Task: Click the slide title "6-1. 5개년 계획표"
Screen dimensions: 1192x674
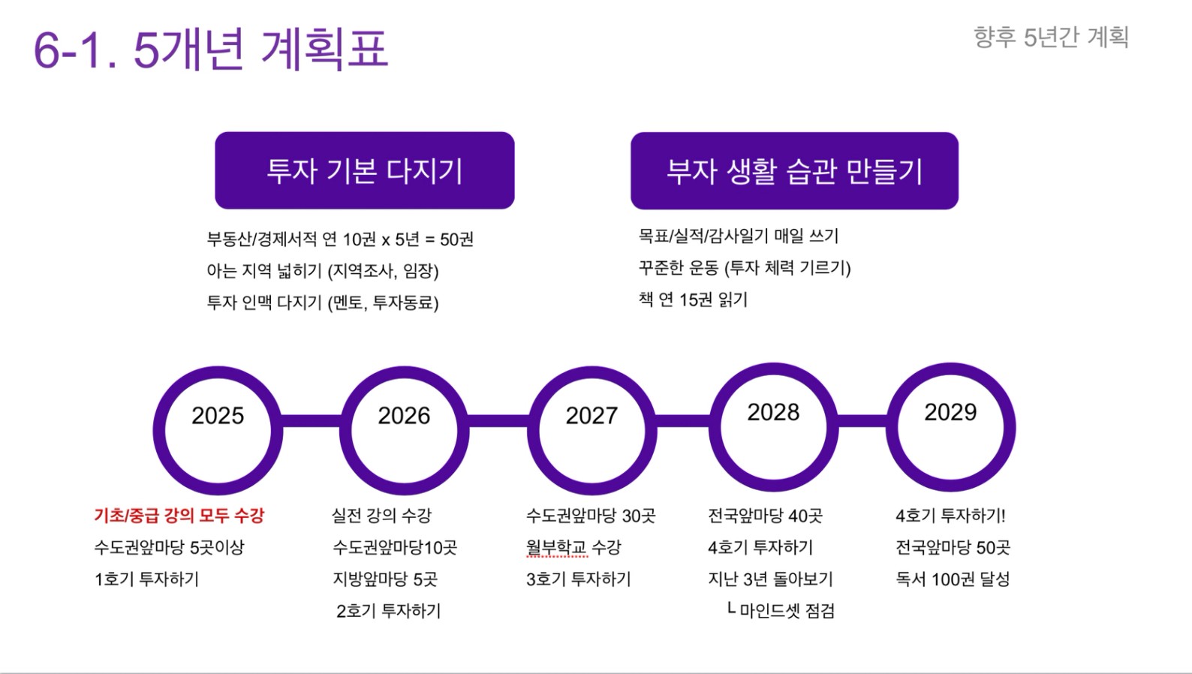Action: click(x=211, y=50)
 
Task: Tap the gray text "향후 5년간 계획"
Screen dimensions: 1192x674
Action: click(x=1051, y=38)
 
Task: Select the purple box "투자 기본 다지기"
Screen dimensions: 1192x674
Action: click(x=365, y=170)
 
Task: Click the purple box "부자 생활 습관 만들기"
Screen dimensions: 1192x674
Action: click(x=794, y=171)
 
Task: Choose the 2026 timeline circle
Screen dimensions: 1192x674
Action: click(x=346, y=431)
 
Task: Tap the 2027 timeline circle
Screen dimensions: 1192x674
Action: click(x=534, y=431)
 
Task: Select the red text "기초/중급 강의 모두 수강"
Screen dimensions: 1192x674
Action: click(x=179, y=515)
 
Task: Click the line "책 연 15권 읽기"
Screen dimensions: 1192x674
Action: click(x=693, y=299)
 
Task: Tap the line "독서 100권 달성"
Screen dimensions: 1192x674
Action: click(x=953, y=579)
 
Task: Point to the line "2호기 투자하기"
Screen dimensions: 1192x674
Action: click(x=389, y=611)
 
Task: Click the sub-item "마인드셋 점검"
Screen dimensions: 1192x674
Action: click(x=787, y=611)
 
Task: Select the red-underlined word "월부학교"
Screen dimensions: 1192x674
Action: click(x=556, y=547)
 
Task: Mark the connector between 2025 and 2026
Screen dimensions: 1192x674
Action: click(x=312, y=421)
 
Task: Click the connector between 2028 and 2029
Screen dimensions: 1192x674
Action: click(x=862, y=421)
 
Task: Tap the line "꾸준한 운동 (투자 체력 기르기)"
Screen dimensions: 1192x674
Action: click(x=745, y=268)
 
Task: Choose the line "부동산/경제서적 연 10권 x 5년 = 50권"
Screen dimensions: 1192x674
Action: click(x=340, y=239)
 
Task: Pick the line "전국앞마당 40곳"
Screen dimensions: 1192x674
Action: click(x=765, y=515)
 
